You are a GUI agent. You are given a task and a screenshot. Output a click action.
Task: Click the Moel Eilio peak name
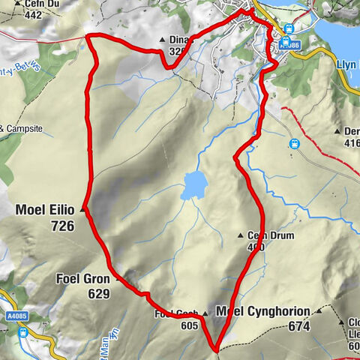(46, 211)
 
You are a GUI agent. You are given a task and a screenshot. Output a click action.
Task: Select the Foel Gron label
(82, 279)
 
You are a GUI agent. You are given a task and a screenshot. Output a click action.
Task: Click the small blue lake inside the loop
(193, 184)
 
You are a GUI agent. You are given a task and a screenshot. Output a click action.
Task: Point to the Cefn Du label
(23, 3)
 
